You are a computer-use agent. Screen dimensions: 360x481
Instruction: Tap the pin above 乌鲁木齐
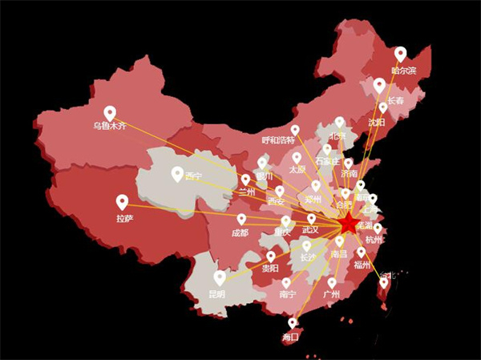[x=110, y=113]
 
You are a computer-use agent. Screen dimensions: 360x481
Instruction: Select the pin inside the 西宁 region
[x=177, y=172]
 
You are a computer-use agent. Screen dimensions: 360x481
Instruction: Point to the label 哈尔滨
[x=403, y=71]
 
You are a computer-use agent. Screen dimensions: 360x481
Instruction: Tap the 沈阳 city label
[x=376, y=123]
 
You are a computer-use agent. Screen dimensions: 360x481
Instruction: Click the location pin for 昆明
[x=220, y=277]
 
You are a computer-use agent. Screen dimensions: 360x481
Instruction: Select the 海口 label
[x=290, y=338]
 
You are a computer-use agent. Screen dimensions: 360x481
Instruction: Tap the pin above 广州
[x=332, y=282]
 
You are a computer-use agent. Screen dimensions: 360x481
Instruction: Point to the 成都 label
[x=240, y=233]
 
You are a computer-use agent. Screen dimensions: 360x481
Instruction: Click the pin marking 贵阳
[x=271, y=256]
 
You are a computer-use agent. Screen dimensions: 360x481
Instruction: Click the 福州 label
[x=362, y=265]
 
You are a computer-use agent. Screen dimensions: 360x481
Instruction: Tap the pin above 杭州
[x=378, y=229]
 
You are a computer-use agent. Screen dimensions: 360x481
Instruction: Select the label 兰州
[x=246, y=192]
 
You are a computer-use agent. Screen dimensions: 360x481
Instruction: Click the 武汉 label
[x=310, y=230]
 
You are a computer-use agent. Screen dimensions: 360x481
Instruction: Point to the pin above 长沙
[x=306, y=246]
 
